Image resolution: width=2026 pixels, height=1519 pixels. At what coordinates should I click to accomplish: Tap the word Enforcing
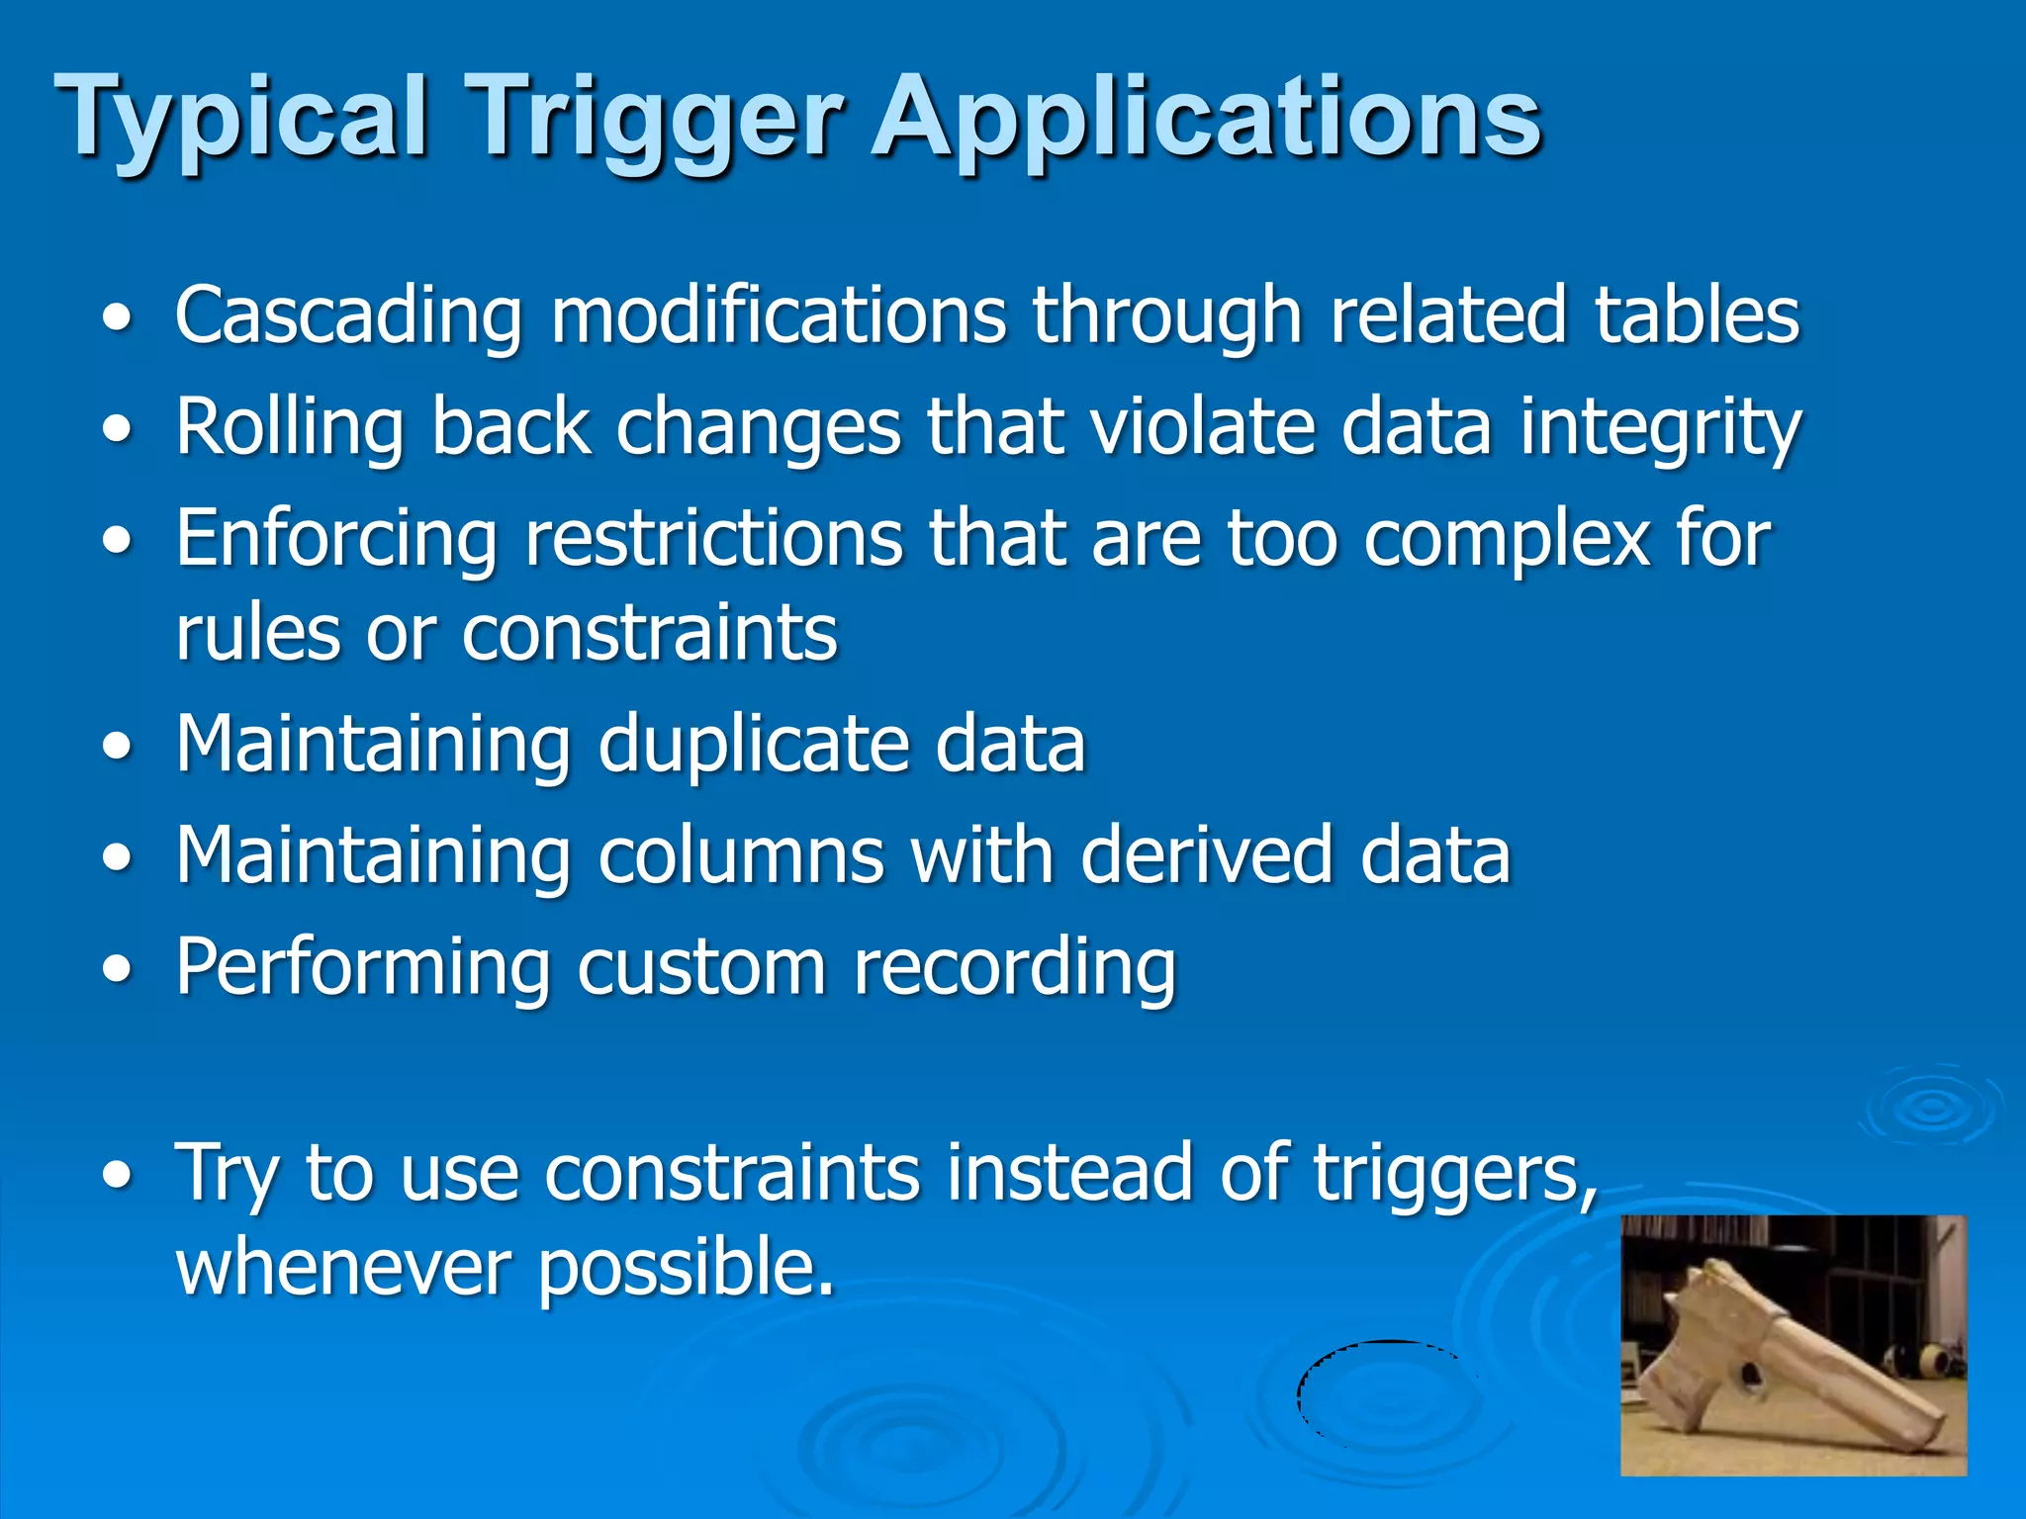click(x=336, y=540)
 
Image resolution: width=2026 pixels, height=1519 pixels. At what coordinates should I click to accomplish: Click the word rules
click(x=258, y=632)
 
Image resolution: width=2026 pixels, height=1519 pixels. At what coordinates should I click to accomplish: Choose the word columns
click(x=741, y=854)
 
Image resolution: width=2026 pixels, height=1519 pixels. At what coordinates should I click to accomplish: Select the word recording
click(x=1014, y=967)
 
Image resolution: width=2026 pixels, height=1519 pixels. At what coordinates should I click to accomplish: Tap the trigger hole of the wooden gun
click(x=1750, y=1374)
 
